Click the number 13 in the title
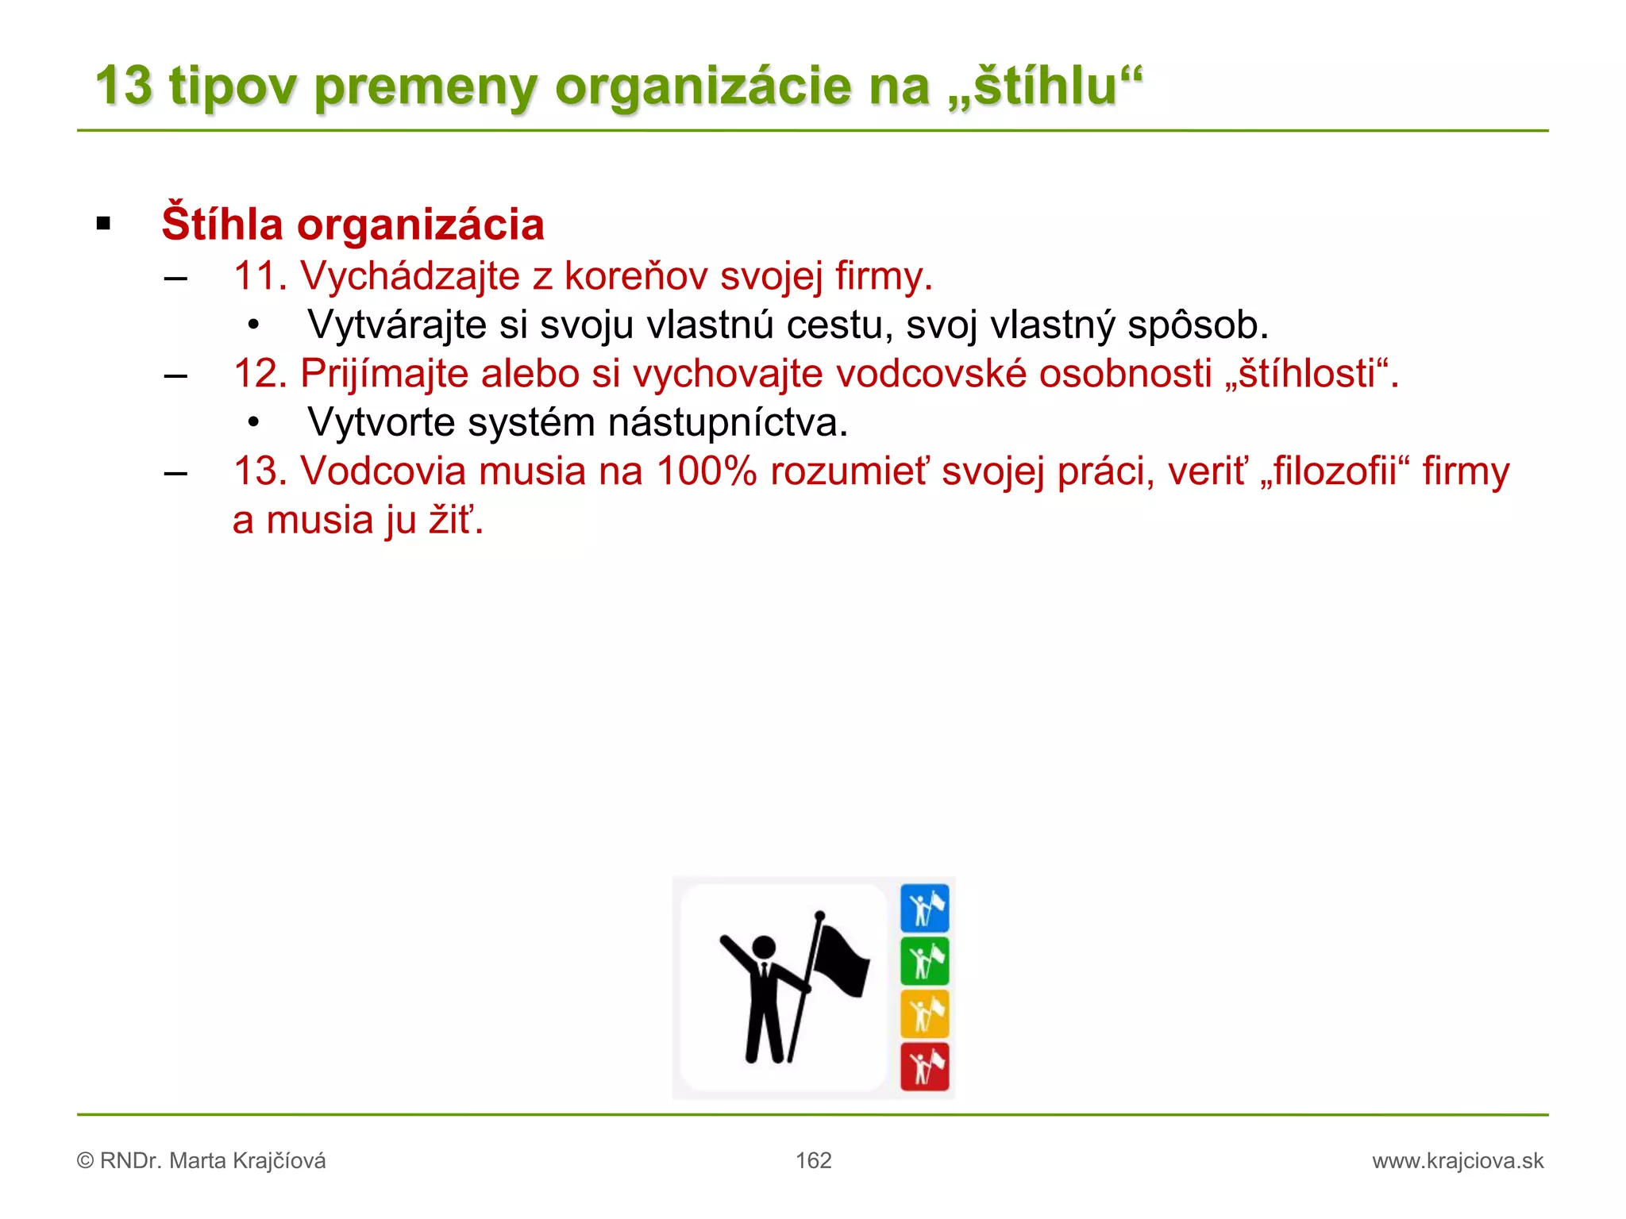tap(124, 86)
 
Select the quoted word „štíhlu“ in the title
tap(1045, 86)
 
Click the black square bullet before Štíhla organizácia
tap(103, 225)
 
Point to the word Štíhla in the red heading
tap(222, 225)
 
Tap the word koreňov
tap(635, 276)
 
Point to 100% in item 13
tap(707, 471)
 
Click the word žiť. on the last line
tap(456, 521)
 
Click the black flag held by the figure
tap(842, 962)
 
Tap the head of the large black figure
tap(764, 947)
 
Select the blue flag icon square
tap(925, 908)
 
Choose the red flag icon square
tap(925, 1067)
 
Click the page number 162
tap(814, 1161)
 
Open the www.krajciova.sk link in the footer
tap(1458, 1161)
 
